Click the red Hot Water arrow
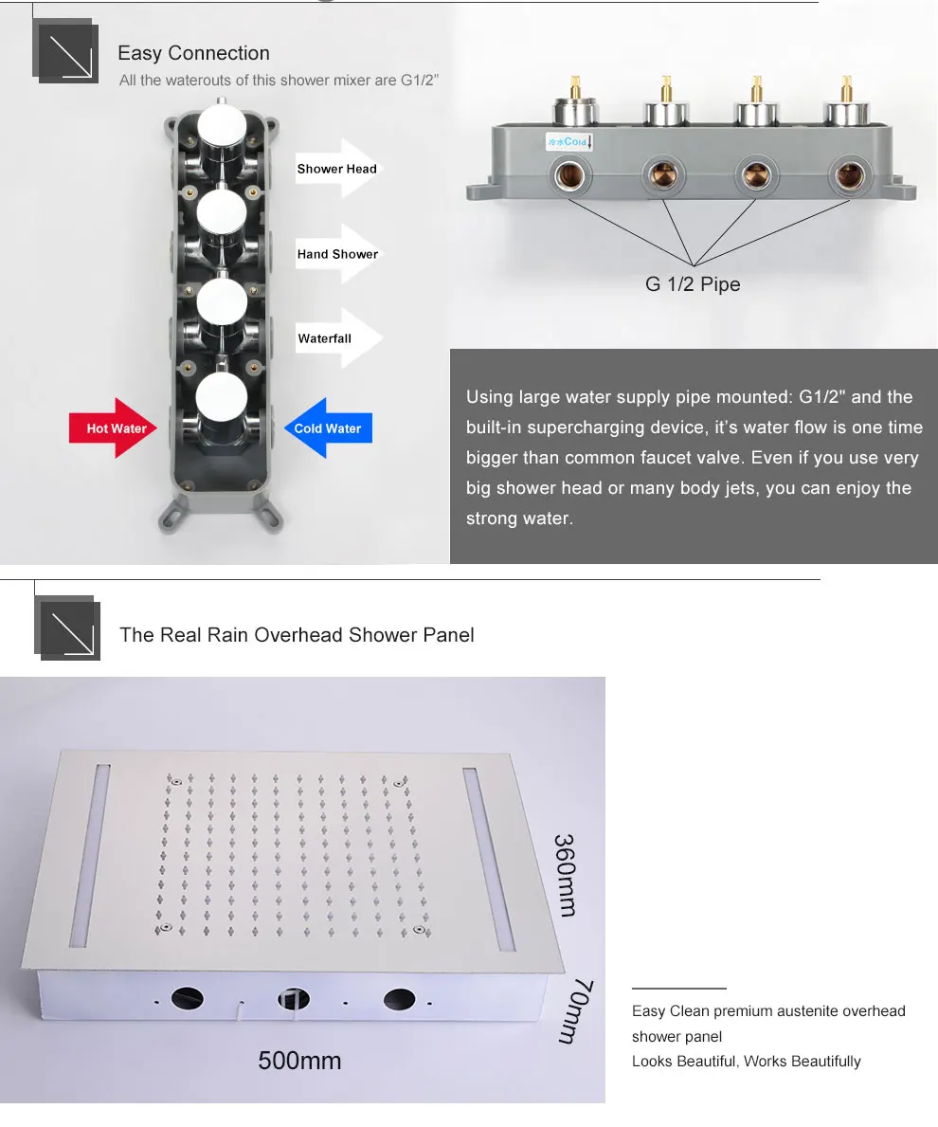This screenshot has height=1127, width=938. pyautogui.click(x=114, y=427)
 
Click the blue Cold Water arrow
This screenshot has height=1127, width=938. pyautogui.click(x=328, y=427)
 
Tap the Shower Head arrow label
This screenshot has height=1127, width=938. pyautogui.click(x=337, y=169)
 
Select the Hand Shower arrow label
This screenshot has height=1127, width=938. pyautogui.click(x=337, y=254)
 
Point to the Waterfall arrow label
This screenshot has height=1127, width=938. pyautogui.click(x=339, y=338)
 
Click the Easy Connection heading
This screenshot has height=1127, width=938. pyautogui.click(x=194, y=53)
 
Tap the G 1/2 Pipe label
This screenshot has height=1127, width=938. pyautogui.click(x=693, y=284)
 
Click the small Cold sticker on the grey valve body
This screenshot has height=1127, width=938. pyautogui.click(x=568, y=141)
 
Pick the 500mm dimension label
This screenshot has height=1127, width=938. pyautogui.click(x=299, y=1060)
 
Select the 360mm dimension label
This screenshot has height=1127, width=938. pyautogui.click(x=566, y=875)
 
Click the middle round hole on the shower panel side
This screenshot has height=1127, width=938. pyautogui.click(x=293, y=998)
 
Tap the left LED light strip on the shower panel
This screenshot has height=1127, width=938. pyautogui.click(x=91, y=855)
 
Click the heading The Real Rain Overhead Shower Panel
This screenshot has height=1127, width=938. pyautogui.click(x=297, y=635)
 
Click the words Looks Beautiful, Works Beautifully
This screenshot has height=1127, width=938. pyautogui.click(x=747, y=1061)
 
